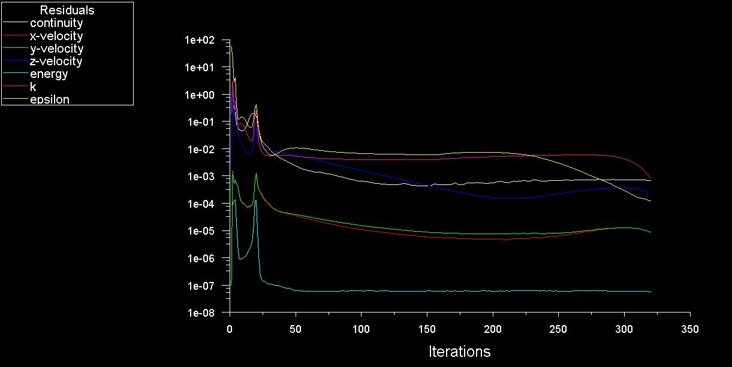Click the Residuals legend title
point(67,10)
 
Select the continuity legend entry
point(56,23)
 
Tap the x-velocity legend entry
point(56,36)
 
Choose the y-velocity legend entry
point(56,48)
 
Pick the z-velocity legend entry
point(56,61)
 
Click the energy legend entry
point(49,74)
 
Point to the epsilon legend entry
point(50,99)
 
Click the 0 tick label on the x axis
point(230,329)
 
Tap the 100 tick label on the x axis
point(361,329)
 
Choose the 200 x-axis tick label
point(493,329)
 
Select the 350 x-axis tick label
point(690,329)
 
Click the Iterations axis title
point(459,351)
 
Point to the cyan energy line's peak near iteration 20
point(255,201)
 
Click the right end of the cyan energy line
point(650,292)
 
